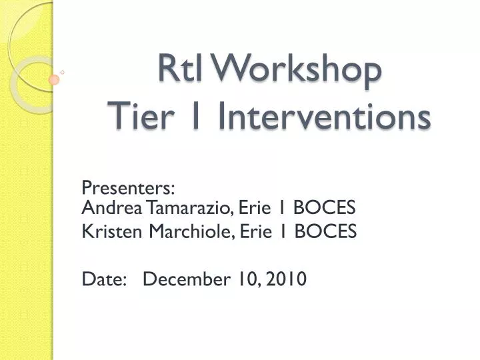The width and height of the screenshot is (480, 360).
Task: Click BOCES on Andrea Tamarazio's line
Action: tap(325, 208)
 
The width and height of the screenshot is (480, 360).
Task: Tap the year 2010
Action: tap(286, 279)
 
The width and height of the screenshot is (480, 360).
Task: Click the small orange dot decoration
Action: tap(54, 79)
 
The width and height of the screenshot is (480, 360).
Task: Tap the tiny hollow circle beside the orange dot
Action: tap(62, 71)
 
